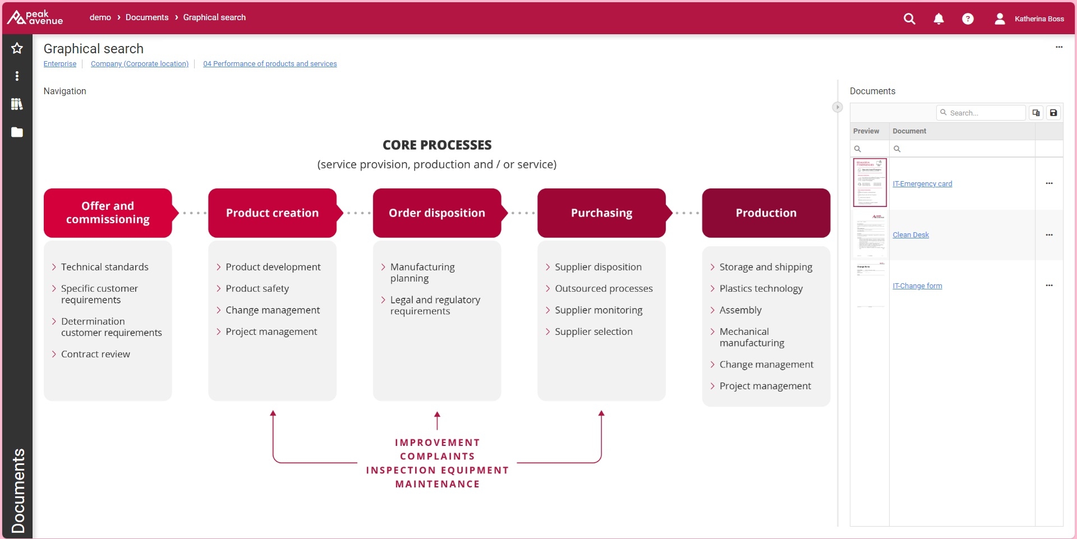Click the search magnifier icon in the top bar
coord(909,19)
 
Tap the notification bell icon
coord(938,19)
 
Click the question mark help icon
coord(968,19)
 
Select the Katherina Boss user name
coord(1039,19)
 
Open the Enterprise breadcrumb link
coord(60,64)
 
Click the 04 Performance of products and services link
coord(270,64)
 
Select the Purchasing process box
coord(601,213)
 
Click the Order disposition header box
coord(437,213)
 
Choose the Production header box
coord(766,213)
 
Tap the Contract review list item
coord(95,354)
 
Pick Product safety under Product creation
coord(257,289)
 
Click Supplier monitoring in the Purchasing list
coord(599,310)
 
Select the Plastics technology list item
coord(761,289)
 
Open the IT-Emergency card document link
coord(922,184)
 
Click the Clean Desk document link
coord(910,235)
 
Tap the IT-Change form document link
coord(917,286)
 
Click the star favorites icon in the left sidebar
coord(17,48)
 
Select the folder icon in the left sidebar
coord(17,132)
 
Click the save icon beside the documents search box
coord(1053,113)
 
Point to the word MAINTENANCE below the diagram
coord(438,484)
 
